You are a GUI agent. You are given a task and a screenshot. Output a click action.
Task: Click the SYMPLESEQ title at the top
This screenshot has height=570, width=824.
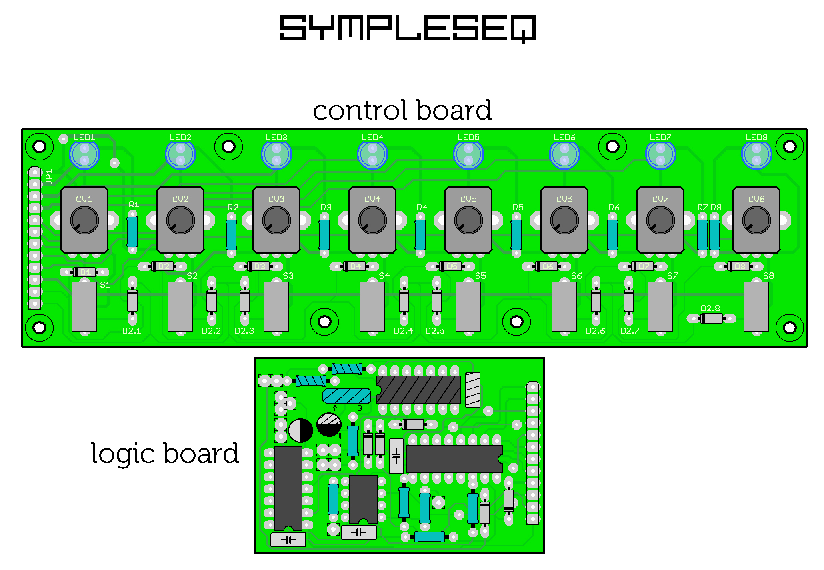point(408,28)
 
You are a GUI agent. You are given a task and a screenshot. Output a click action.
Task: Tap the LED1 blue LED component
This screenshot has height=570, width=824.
point(84,154)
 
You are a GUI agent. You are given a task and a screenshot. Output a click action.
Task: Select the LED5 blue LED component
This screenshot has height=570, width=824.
point(468,154)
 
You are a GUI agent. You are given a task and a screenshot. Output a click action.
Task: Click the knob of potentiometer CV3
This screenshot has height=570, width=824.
point(276,220)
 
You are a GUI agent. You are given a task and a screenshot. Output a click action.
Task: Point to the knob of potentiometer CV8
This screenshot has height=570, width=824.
point(756,220)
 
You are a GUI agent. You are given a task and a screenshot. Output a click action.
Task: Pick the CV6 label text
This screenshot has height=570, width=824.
point(564,199)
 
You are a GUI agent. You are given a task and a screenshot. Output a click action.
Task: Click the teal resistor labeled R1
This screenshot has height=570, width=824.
point(132,232)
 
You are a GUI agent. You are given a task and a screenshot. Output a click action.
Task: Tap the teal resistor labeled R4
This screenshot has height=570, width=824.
point(420,235)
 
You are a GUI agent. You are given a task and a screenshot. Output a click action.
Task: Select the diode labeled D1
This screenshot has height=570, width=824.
point(85,272)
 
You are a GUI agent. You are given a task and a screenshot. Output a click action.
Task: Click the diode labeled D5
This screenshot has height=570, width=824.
point(451,266)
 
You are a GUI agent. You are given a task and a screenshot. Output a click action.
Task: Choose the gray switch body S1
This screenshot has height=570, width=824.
point(84,306)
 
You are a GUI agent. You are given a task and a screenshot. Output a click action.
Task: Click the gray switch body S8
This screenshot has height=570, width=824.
point(756,306)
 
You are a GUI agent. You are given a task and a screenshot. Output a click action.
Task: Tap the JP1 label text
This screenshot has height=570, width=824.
point(49,176)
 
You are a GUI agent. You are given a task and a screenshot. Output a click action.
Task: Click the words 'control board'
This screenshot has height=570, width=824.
point(402,110)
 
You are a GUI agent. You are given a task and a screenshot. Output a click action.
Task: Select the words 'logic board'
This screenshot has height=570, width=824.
point(165,454)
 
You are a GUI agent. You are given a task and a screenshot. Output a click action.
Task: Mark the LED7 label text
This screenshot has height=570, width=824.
point(660,137)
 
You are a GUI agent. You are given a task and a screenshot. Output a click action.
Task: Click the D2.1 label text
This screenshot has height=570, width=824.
point(132,331)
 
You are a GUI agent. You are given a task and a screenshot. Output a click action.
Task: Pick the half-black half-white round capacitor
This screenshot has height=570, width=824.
point(301,430)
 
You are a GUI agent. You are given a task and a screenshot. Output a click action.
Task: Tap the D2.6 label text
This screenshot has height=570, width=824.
point(595,331)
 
